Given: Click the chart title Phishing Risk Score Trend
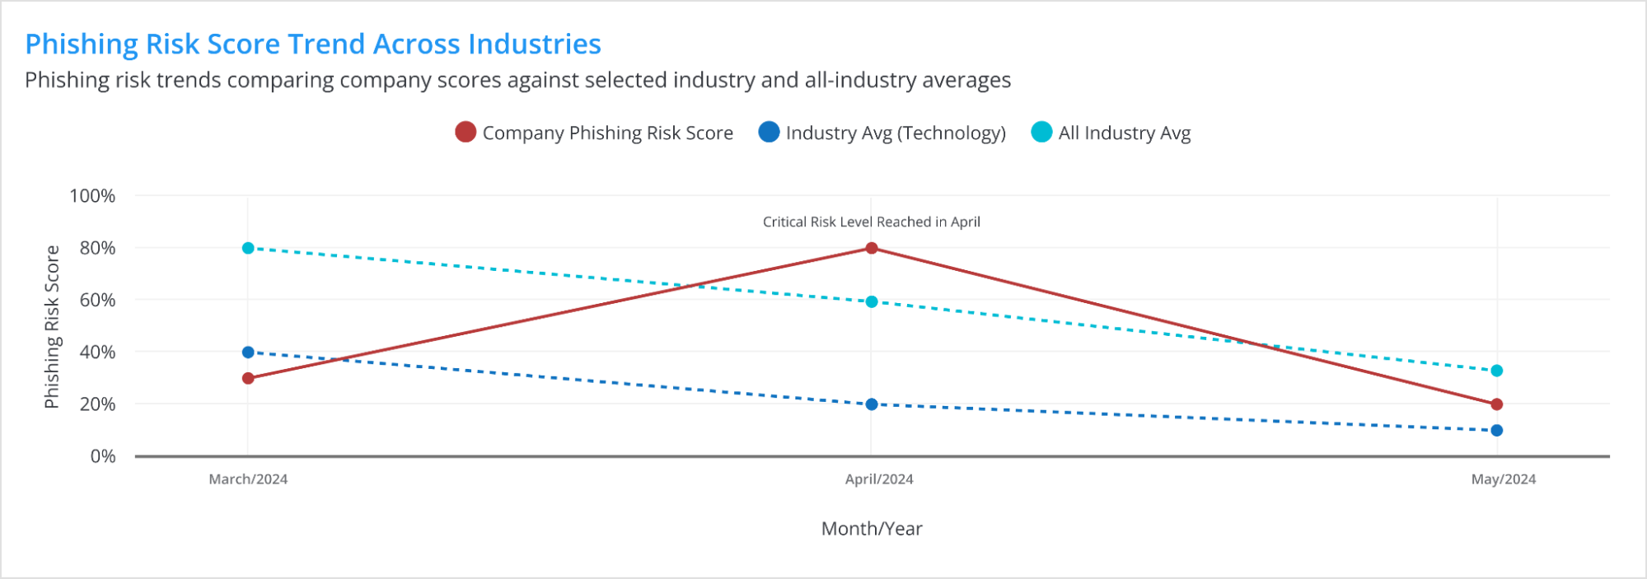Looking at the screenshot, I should pyautogui.click(x=313, y=44).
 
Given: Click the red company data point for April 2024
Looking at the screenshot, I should pyautogui.click(x=872, y=248).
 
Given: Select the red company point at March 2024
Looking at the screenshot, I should pyautogui.click(x=248, y=378).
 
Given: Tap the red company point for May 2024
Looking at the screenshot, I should pyautogui.click(x=1497, y=404).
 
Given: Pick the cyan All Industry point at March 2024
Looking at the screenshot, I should pyautogui.click(x=248, y=248).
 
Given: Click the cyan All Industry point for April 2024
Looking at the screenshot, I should pyautogui.click(x=872, y=302).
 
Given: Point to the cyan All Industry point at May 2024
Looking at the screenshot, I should pyautogui.click(x=1497, y=371).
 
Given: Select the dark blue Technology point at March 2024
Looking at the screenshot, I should pyautogui.click(x=248, y=353).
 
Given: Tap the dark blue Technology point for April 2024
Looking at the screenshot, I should pyautogui.click(x=872, y=404).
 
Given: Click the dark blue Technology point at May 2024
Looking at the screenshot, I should pyautogui.click(x=1497, y=431).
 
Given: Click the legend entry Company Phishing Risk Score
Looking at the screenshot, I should pyautogui.click(x=594, y=133).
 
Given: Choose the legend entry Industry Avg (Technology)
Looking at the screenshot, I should pyautogui.click(x=882, y=133).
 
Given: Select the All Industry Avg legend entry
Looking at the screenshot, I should pyautogui.click(x=1111, y=133).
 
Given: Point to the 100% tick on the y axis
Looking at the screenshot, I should pyautogui.click(x=92, y=196).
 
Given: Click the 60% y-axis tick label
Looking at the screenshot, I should pyautogui.click(x=97, y=300).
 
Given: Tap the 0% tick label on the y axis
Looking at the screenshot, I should pyautogui.click(x=103, y=456).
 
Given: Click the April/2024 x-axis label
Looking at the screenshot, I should pyautogui.click(x=879, y=479).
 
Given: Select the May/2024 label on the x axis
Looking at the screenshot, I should pyautogui.click(x=1504, y=479).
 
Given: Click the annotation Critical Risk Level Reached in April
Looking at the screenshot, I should pyautogui.click(x=872, y=222).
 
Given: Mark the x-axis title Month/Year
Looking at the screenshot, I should pyautogui.click(x=872, y=529).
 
